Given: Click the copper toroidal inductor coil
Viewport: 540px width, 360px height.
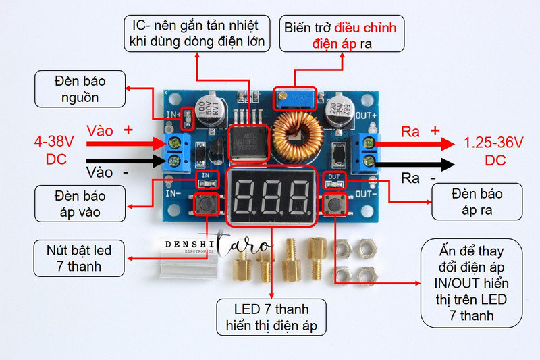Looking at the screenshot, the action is pyautogui.click(x=298, y=137).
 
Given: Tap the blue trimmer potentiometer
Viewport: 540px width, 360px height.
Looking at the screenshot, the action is pyautogui.click(x=295, y=99).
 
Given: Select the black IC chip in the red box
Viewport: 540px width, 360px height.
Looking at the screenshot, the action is pyautogui.click(x=248, y=143).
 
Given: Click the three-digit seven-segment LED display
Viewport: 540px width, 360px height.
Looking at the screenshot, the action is pyautogui.click(x=271, y=197).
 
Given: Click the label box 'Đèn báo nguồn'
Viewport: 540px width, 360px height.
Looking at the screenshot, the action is pyautogui.click(x=80, y=89).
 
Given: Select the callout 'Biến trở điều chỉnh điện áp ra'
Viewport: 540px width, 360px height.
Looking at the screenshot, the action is pyautogui.click(x=342, y=34).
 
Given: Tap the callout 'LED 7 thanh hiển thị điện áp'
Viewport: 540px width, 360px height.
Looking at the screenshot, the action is pyautogui.click(x=271, y=317).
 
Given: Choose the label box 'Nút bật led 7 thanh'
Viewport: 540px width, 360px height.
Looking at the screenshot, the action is pyautogui.click(x=79, y=259).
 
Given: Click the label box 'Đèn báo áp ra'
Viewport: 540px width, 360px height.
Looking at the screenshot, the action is pyautogui.click(x=477, y=202).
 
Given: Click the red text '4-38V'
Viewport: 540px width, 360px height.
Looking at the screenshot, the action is pyautogui.click(x=54, y=141).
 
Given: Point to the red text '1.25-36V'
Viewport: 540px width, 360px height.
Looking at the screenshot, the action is pyautogui.click(x=493, y=143).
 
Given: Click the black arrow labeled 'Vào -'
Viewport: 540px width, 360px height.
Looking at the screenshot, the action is pyautogui.click(x=126, y=161).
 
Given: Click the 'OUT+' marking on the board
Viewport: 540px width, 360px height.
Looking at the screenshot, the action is pyautogui.click(x=366, y=115).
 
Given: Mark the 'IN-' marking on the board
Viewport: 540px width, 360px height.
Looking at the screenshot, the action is pyautogui.click(x=173, y=194).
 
